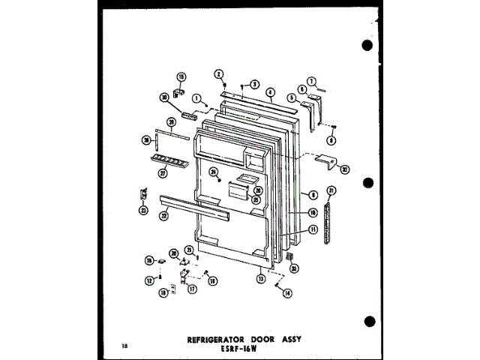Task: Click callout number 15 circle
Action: (x=181, y=76)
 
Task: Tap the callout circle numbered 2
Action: (x=219, y=73)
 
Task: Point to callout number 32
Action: (x=344, y=169)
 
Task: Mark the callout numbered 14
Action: (x=287, y=294)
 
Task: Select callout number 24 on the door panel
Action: (x=213, y=172)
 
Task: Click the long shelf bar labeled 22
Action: (x=195, y=208)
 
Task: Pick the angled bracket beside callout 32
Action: (x=325, y=160)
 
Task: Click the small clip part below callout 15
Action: (x=178, y=92)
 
